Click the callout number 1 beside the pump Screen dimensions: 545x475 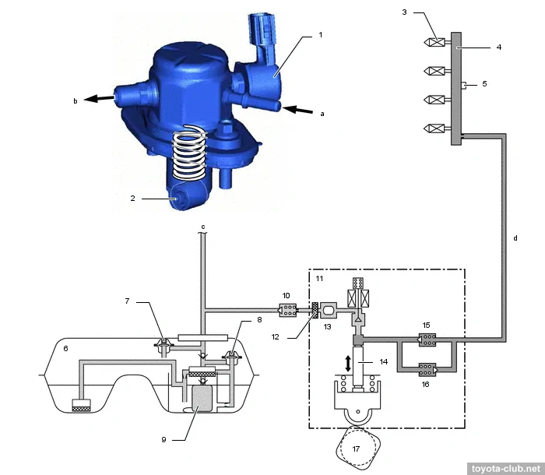(x=321, y=35)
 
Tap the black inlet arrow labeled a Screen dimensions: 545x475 (x=297, y=110)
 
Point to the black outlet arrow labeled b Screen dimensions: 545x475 (x=99, y=98)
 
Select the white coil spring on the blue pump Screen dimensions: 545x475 (x=190, y=152)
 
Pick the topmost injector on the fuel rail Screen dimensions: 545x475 (x=437, y=42)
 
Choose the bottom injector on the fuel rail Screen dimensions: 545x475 (x=437, y=128)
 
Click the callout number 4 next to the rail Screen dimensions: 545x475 (x=499, y=47)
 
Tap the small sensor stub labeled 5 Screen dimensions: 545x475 (x=464, y=85)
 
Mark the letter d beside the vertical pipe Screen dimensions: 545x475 (x=515, y=238)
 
